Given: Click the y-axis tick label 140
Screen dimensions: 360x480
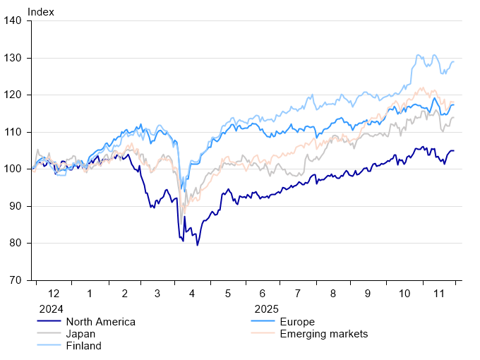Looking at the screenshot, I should click(x=18, y=21).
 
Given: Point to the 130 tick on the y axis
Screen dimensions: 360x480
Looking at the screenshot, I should click(x=18, y=58).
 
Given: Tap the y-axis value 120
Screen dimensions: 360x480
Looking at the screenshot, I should click(x=18, y=95).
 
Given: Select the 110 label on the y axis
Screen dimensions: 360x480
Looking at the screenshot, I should click(x=18, y=132).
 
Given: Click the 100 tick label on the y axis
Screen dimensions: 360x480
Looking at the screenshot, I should click(x=18, y=169).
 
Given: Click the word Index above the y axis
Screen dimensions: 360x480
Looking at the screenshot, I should click(x=40, y=11).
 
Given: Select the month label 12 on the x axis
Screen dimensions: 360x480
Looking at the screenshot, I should click(x=54, y=293).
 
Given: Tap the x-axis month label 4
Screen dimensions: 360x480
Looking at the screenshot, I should click(x=193, y=293).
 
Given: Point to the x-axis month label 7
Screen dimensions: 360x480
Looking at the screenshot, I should click(x=296, y=293).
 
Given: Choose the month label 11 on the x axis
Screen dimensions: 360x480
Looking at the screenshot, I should click(x=438, y=293).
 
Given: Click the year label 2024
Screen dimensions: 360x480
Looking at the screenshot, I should click(x=50, y=309).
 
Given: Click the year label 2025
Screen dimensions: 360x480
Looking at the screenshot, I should click(x=267, y=309).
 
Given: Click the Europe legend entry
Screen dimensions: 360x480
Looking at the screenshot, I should click(x=297, y=322).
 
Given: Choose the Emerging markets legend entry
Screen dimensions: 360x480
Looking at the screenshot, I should click(x=323, y=334).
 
